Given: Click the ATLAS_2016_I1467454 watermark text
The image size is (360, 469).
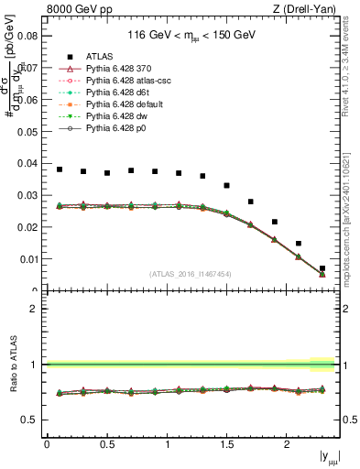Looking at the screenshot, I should tap(191, 273).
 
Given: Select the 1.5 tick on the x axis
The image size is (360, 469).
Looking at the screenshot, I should tap(226, 443).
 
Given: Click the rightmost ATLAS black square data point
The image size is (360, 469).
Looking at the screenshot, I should tap(322, 268).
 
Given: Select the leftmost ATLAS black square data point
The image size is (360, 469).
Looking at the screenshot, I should tap(60, 169).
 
